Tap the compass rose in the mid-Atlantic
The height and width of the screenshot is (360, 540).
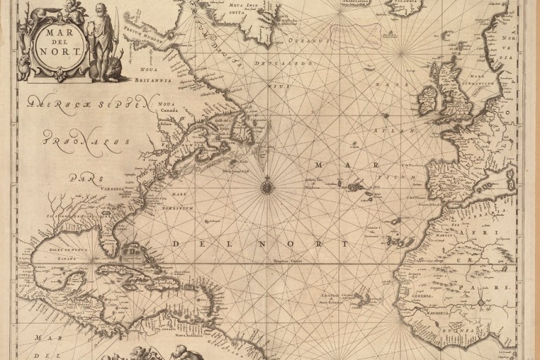coord(267,186)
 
